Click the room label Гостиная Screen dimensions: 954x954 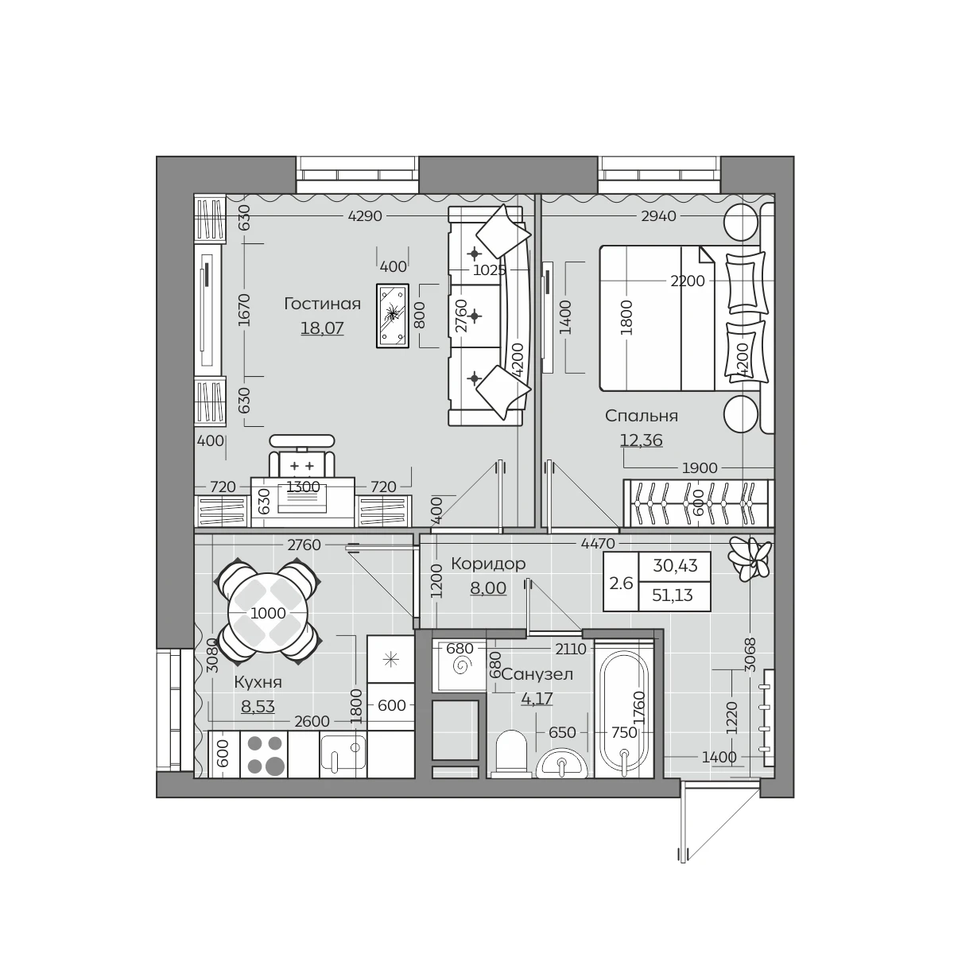pyautogui.click(x=322, y=304)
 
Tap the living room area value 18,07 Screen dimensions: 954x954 pyautogui.click(x=322, y=328)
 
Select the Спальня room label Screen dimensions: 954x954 pyautogui.click(x=641, y=416)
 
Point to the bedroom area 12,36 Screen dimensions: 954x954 pyautogui.click(x=641, y=440)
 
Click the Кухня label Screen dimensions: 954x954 pyautogui.click(x=258, y=682)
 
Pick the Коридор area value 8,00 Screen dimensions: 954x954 pyautogui.click(x=488, y=588)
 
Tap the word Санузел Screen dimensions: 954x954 pyautogui.click(x=537, y=674)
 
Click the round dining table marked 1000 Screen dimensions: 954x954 pyautogui.click(x=268, y=614)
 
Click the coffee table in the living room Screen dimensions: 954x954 pyautogui.click(x=393, y=316)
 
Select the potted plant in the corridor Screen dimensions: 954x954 pyautogui.click(x=750, y=559)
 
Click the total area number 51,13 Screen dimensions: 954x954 pyautogui.click(x=673, y=595)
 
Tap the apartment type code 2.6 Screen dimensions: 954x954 pyautogui.click(x=621, y=584)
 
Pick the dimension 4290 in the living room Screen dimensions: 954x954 pyautogui.click(x=365, y=216)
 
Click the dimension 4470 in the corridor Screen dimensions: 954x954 pyautogui.click(x=598, y=544)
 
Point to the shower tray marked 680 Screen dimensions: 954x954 pyautogui.click(x=459, y=665)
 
